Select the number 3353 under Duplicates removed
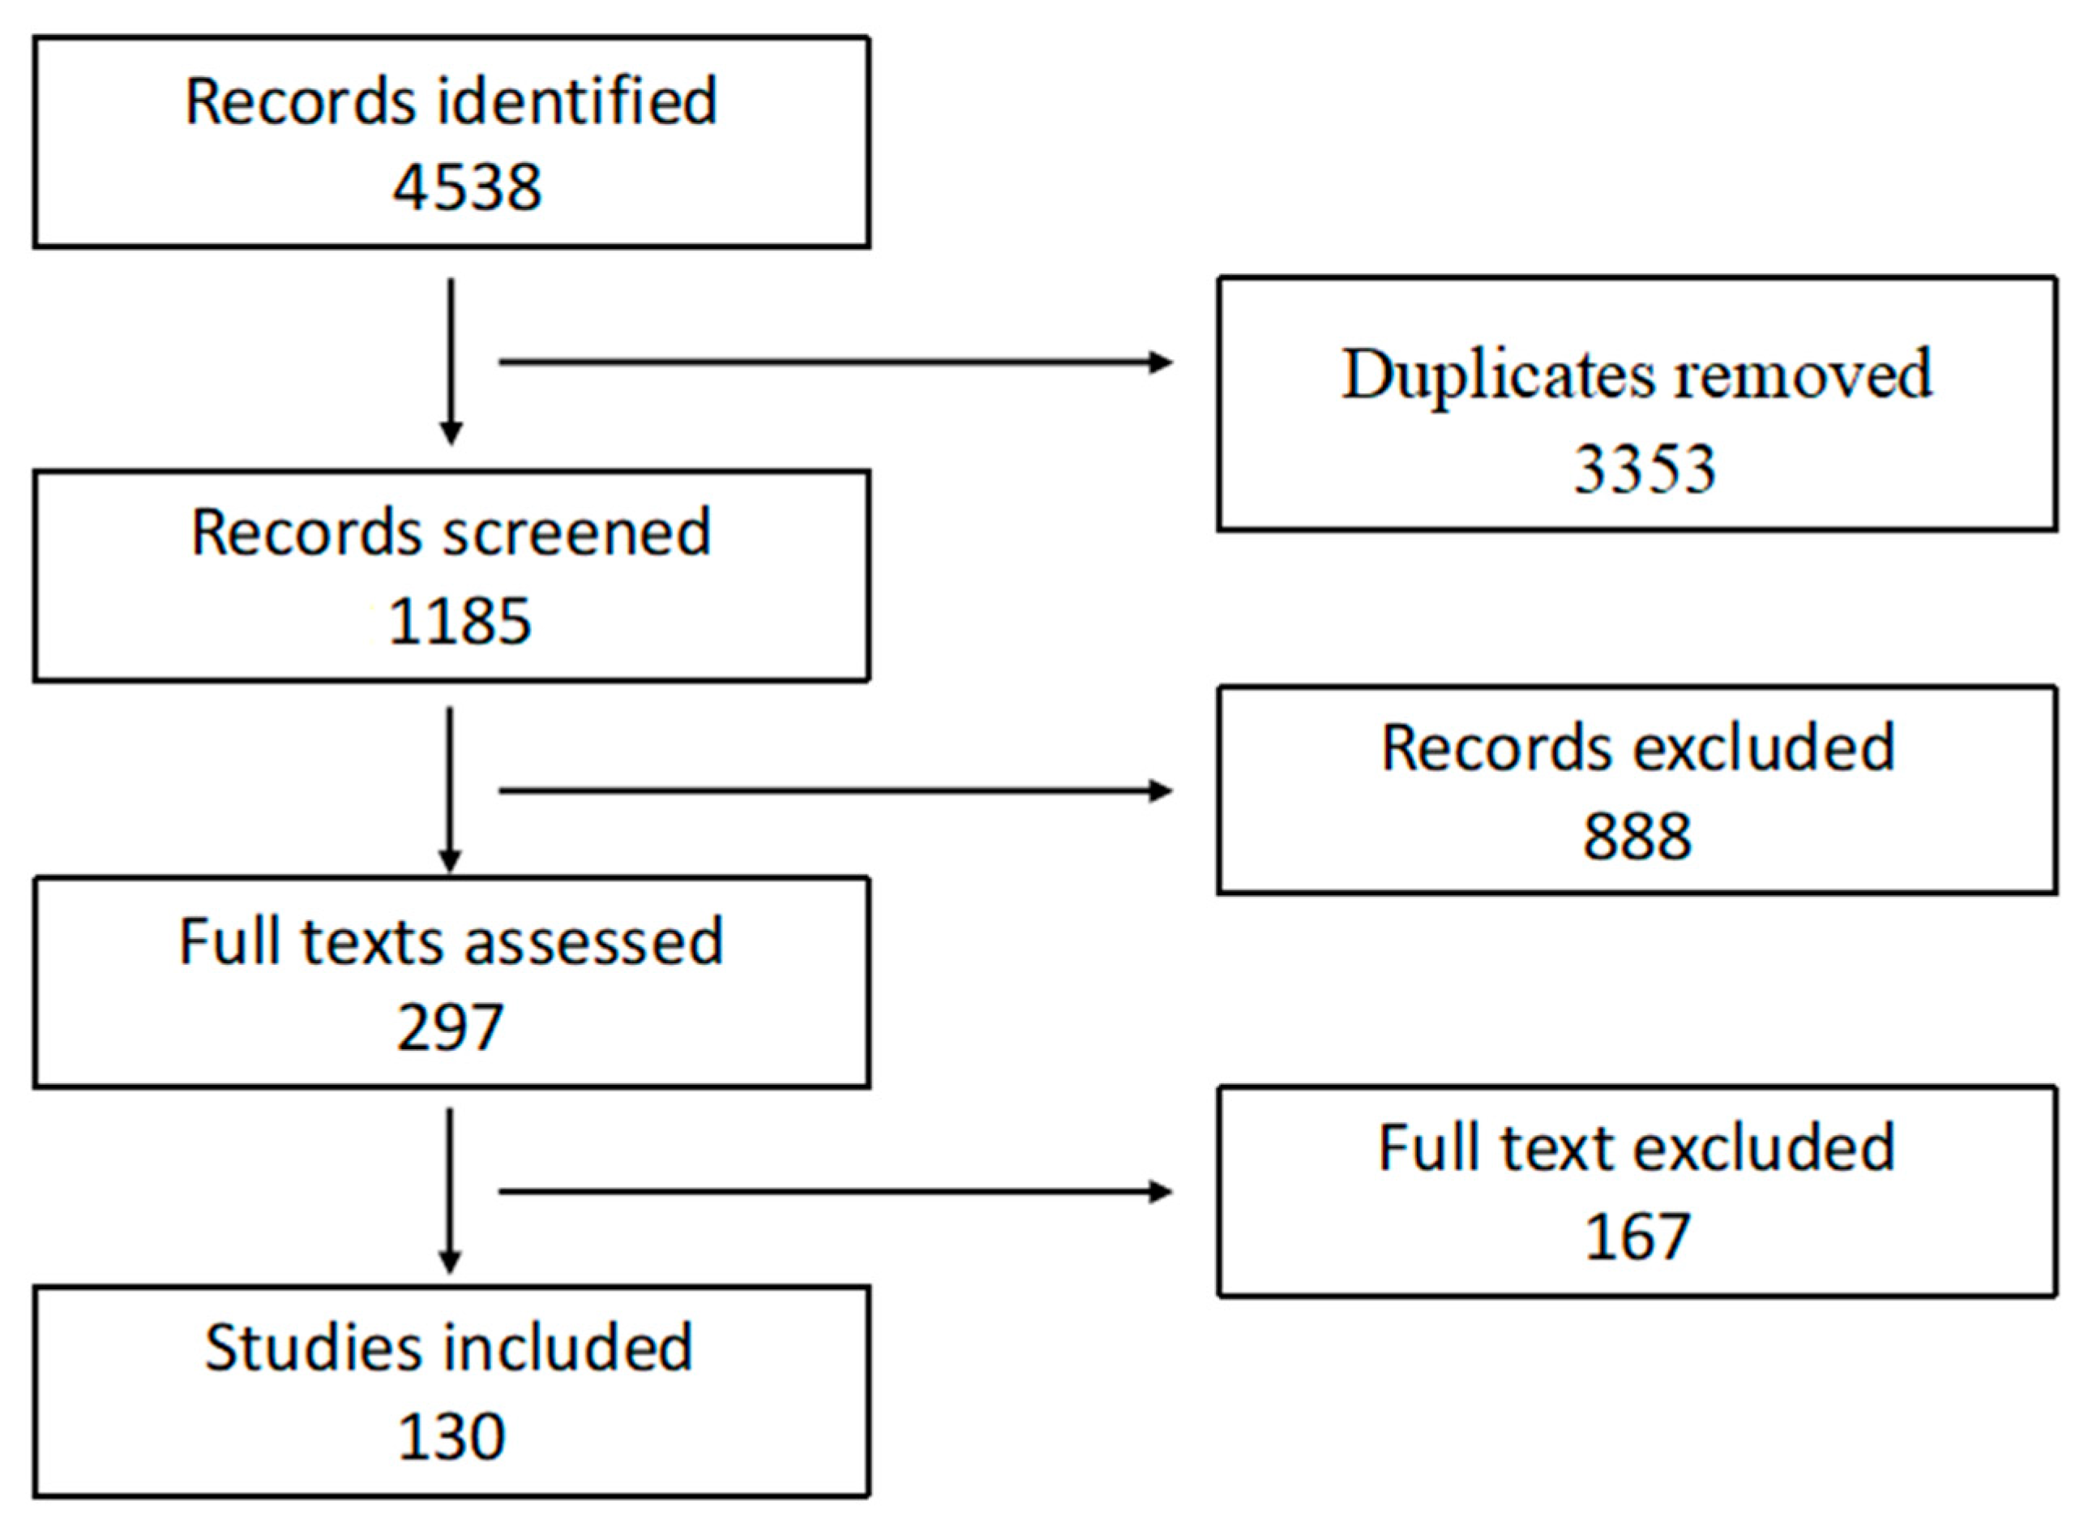click(x=1643, y=468)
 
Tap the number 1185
click(x=459, y=621)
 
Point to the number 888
click(x=1637, y=837)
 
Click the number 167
click(x=1637, y=1237)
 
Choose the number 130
click(x=451, y=1437)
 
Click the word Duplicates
click(x=1498, y=376)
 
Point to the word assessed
click(x=593, y=941)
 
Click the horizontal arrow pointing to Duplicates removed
click(x=836, y=362)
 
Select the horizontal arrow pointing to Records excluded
click(x=836, y=791)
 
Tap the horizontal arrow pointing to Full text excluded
click(x=836, y=1191)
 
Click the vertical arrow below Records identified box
click(x=451, y=362)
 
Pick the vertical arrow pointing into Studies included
click(x=451, y=1191)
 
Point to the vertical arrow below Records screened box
click(x=451, y=791)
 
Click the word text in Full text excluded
click(x=1556, y=1149)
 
